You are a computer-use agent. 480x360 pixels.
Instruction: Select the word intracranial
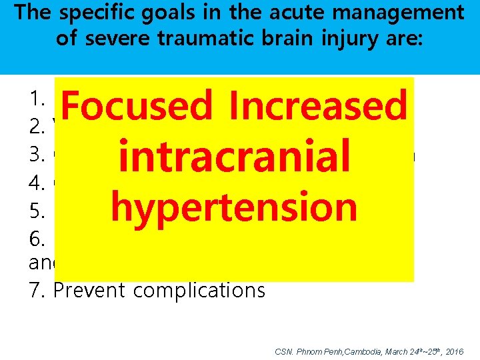233,157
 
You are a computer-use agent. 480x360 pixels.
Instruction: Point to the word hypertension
235,207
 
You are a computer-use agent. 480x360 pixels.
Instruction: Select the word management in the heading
401,13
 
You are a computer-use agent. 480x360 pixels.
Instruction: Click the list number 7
35,289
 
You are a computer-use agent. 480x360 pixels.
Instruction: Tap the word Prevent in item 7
83,289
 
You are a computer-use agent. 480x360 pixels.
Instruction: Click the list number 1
35,99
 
